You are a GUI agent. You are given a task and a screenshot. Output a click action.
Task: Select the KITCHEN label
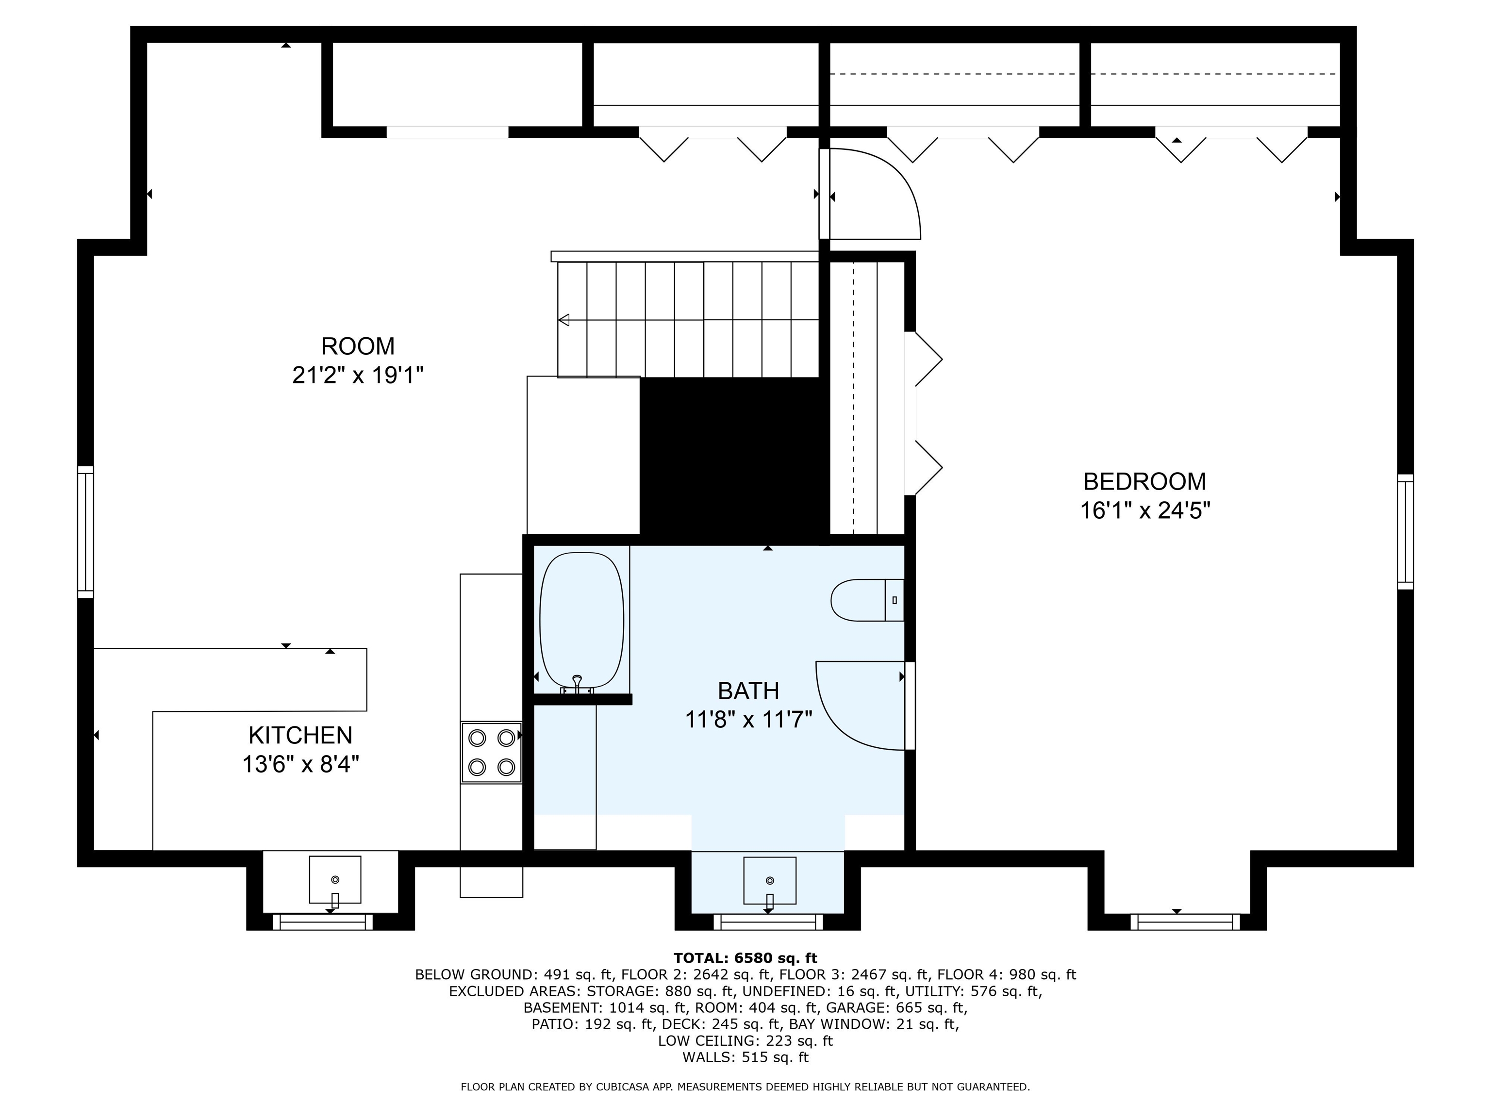click(300, 735)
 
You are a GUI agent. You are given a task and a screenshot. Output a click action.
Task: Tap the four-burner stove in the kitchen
click(491, 752)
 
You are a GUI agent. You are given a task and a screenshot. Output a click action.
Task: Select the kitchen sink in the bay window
click(334, 879)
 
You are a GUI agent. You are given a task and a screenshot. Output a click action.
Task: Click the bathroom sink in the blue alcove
click(769, 881)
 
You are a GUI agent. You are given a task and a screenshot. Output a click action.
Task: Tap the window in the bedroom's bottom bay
click(1185, 922)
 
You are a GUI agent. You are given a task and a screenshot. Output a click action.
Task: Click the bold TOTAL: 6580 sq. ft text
click(745, 957)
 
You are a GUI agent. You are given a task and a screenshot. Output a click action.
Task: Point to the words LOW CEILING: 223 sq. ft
click(745, 1040)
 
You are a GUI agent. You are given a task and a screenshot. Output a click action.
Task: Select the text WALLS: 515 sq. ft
click(745, 1057)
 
